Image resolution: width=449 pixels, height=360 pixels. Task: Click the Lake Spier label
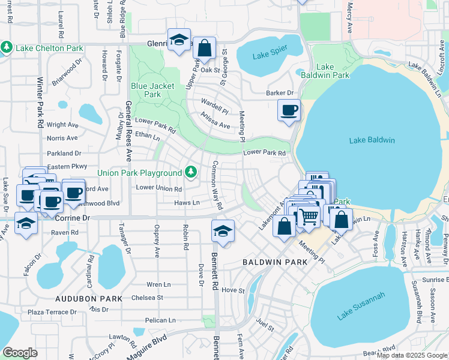pyautogui.click(x=269, y=56)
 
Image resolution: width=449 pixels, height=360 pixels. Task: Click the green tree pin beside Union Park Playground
pyautogui.click(x=191, y=173)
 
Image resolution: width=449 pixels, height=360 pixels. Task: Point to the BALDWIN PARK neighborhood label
pyautogui.click(x=275, y=262)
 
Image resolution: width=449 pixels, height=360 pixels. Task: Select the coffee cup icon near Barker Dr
pyautogui.click(x=289, y=110)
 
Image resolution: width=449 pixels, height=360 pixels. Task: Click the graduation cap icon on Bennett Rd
pyautogui.click(x=223, y=231)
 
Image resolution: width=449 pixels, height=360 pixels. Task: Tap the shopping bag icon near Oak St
pyautogui.click(x=205, y=48)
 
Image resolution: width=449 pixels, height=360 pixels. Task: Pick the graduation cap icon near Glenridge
pyautogui.click(x=178, y=40)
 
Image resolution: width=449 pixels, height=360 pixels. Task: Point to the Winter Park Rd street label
pyautogui.click(x=40, y=97)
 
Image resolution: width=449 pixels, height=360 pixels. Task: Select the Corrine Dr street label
pyautogui.click(x=73, y=218)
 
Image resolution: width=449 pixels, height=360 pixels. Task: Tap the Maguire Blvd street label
pyautogui.click(x=146, y=347)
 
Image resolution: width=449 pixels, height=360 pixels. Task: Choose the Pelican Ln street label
pyautogui.click(x=160, y=320)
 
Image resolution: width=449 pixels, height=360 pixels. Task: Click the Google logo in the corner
pyautogui.click(x=20, y=352)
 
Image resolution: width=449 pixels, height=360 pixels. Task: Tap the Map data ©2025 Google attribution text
pyautogui.click(x=411, y=355)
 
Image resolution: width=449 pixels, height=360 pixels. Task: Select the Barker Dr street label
pyautogui.click(x=280, y=93)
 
